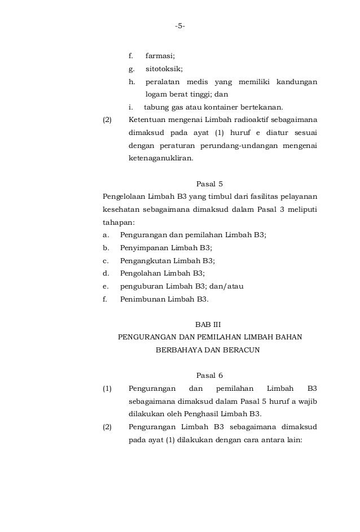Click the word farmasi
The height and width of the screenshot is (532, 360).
click(160, 56)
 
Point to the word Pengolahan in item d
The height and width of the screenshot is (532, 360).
click(141, 273)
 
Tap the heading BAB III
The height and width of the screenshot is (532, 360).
click(209, 325)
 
